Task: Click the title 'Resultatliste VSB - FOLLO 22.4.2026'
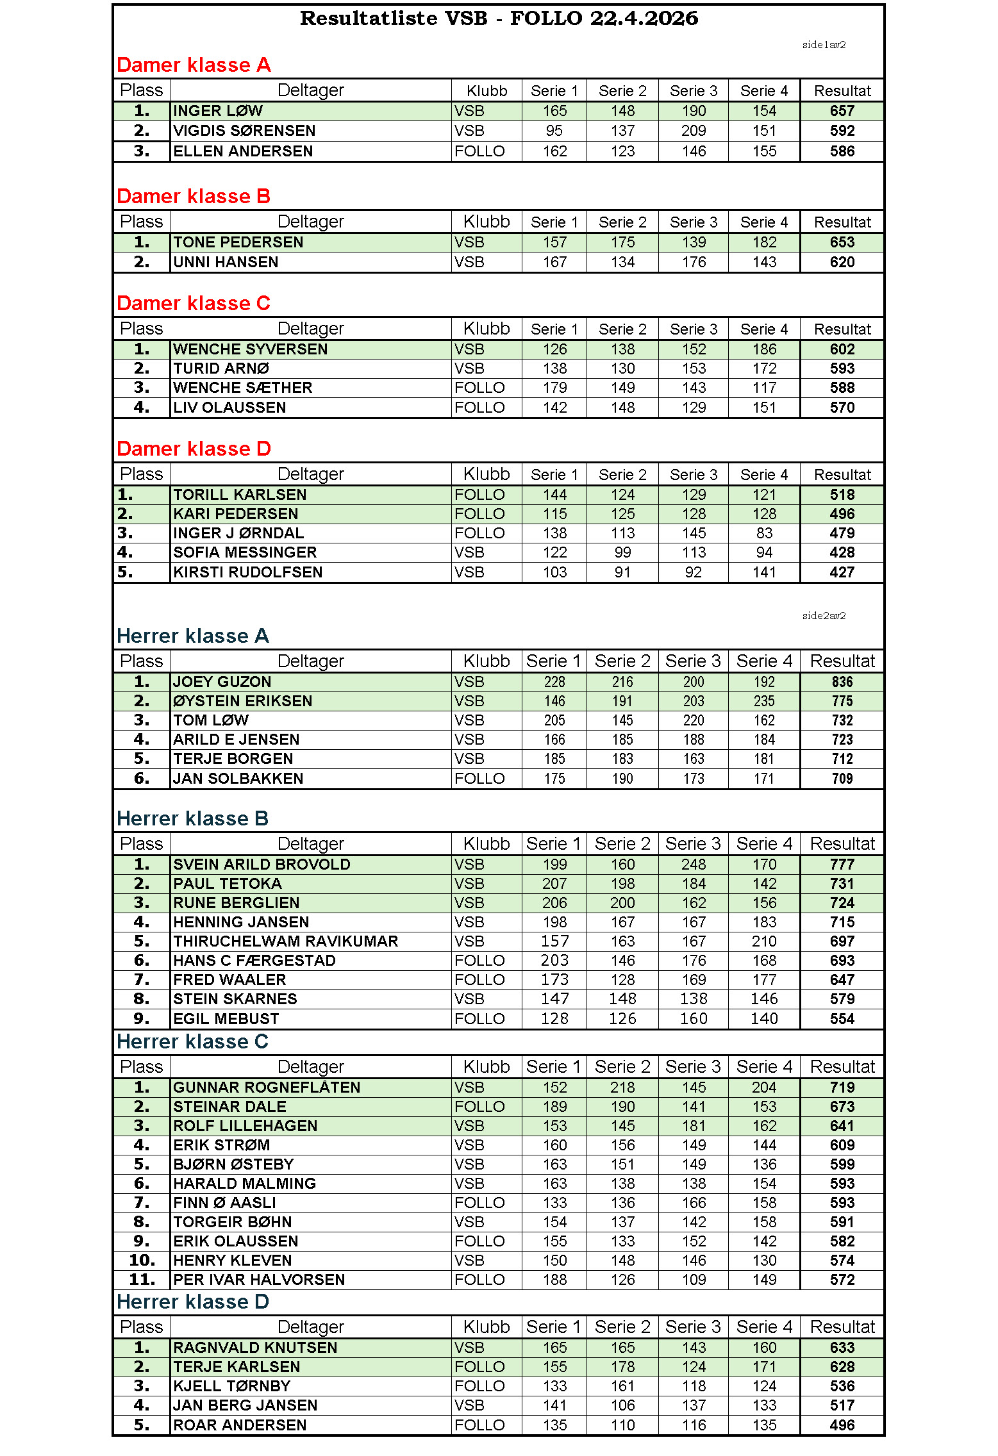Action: point(499,19)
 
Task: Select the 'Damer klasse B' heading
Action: point(194,196)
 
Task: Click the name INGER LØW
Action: point(218,111)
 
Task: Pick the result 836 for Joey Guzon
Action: point(842,682)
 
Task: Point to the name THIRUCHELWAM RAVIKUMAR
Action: point(286,941)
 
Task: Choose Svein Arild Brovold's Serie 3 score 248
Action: point(694,864)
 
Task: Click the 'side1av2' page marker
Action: point(824,45)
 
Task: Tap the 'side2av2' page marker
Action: point(824,616)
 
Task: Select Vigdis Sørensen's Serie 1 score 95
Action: point(554,131)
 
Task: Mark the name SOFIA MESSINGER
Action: point(245,552)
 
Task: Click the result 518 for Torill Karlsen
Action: point(842,495)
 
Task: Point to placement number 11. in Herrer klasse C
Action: point(142,1280)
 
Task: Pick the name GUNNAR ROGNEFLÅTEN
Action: point(267,1088)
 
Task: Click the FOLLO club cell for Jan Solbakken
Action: point(479,779)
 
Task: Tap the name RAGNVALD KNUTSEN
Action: point(255,1348)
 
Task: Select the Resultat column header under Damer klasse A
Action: point(842,91)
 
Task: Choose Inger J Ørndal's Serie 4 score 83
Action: point(764,533)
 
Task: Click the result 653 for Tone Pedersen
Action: point(842,242)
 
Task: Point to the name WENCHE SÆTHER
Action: point(243,388)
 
